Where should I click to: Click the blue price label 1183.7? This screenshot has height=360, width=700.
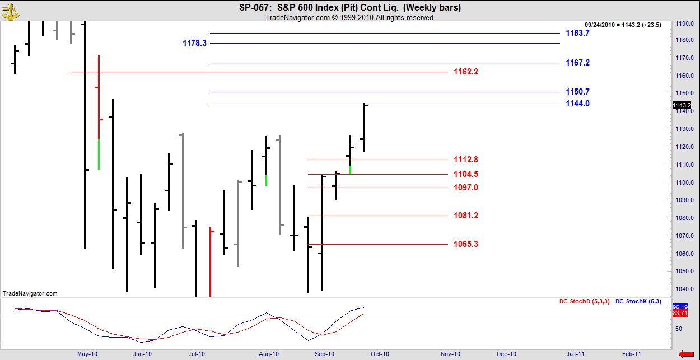(577, 33)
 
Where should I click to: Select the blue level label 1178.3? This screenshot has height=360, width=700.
(194, 43)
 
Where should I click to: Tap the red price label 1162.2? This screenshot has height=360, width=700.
(466, 72)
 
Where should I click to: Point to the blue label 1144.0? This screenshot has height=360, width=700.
(577, 104)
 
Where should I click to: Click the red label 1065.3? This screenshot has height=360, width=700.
(466, 244)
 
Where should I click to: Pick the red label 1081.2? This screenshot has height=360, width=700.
(466, 216)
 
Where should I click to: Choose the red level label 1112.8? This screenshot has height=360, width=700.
(466, 160)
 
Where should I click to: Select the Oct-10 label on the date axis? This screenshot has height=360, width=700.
(380, 354)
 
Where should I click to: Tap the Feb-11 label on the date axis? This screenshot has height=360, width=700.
(632, 354)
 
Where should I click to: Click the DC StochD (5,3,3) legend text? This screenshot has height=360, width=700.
(584, 302)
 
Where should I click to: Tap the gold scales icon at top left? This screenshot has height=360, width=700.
(10, 11)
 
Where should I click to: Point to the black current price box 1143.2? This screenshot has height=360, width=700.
(681, 105)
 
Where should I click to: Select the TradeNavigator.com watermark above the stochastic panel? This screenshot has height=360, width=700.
(30, 293)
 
